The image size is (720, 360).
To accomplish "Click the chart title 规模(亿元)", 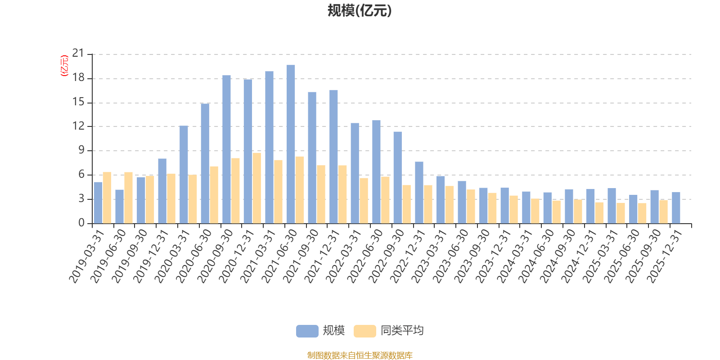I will point(360,11).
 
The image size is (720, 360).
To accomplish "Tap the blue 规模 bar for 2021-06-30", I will point(291,144).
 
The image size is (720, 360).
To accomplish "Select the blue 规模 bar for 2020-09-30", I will point(226,149).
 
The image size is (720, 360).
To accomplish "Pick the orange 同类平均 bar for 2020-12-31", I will point(256,188).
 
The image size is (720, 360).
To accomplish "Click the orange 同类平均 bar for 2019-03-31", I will point(107,198).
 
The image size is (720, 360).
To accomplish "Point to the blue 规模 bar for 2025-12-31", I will point(676,207).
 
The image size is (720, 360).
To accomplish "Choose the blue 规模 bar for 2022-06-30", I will point(376,172).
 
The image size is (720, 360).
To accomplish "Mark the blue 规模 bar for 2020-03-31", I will point(184,175).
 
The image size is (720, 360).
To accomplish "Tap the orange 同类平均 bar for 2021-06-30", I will point(300,190).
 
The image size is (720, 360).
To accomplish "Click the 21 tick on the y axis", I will point(78,54).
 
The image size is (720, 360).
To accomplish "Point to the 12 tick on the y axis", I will point(78,126).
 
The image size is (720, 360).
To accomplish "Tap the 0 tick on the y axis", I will point(81,223).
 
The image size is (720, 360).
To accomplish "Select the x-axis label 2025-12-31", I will point(666,256).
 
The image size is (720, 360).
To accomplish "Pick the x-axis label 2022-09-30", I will point(387,256).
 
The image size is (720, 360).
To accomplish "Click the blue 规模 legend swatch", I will point(307,331).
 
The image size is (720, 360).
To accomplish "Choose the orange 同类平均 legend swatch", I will point(364,331).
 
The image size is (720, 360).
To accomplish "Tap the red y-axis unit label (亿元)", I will point(64,66).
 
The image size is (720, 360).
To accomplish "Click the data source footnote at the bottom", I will point(360,355).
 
